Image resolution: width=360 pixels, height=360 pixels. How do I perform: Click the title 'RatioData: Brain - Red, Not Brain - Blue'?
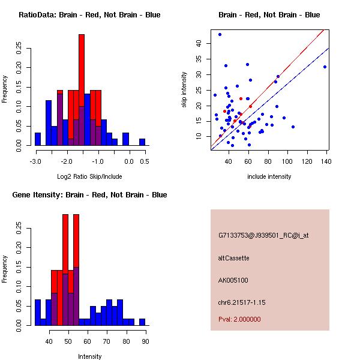click(x=89, y=15)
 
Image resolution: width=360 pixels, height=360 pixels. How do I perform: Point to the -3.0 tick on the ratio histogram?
click(x=35, y=161)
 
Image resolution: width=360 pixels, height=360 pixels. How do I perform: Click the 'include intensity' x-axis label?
click(x=269, y=176)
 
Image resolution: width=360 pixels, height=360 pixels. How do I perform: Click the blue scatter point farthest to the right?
click(x=325, y=67)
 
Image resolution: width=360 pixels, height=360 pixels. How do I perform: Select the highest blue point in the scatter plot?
click(x=220, y=34)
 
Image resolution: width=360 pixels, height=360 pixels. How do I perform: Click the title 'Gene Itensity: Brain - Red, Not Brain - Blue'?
click(x=89, y=195)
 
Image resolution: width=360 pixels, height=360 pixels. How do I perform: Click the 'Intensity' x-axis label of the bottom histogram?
click(x=90, y=356)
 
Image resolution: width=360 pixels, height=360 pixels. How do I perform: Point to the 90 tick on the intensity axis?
click(x=145, y=341)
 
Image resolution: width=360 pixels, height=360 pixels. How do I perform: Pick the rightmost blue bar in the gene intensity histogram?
click(x=142, y=322)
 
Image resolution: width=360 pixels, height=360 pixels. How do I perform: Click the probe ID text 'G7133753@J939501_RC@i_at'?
click(x=263, y=236)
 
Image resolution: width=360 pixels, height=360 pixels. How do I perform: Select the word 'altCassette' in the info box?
click(x=233, y=258)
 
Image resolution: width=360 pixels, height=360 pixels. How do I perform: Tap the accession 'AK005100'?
click(x=233, y=280)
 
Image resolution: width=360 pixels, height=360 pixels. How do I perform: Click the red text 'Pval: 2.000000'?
click(x=239, y=319)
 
